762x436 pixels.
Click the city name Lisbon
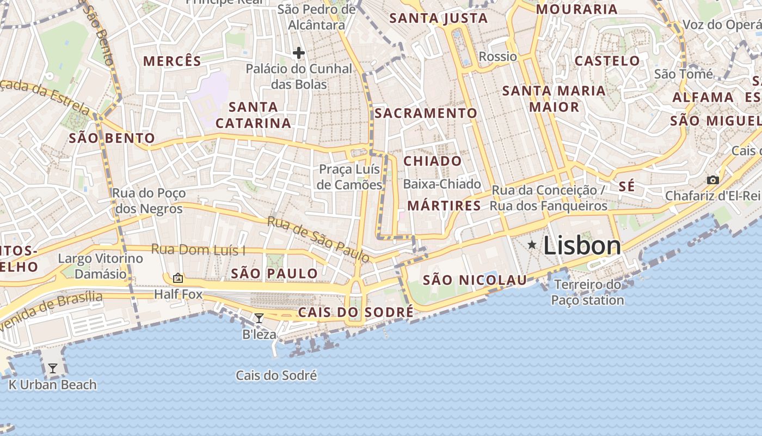tap(582, 246)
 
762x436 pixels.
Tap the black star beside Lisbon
tap(532, 245)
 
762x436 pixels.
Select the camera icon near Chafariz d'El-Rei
tap(712, 180)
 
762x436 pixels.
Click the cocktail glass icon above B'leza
tap(259, 318)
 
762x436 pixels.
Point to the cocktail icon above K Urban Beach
tap(52, 369)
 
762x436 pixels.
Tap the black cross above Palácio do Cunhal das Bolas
tap(298, 53)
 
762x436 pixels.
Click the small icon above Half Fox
tap(177, 278)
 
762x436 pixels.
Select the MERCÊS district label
tap(172, 61)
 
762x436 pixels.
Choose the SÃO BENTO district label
tap(112, 138)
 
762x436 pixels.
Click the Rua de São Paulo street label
tap(318, 238)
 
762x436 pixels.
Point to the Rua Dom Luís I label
tap(198, 250)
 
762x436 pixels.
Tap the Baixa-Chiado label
tap(442, 184)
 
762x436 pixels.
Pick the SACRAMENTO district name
tap(426, 113)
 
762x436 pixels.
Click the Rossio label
tap(497, 57)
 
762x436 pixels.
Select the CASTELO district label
tap(607, 60)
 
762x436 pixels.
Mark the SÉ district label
tap(626, 186)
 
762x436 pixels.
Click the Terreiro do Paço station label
tap(587, 292)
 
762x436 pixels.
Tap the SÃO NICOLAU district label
tap(475, 280)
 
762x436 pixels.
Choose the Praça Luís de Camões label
tap(349, 177)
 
